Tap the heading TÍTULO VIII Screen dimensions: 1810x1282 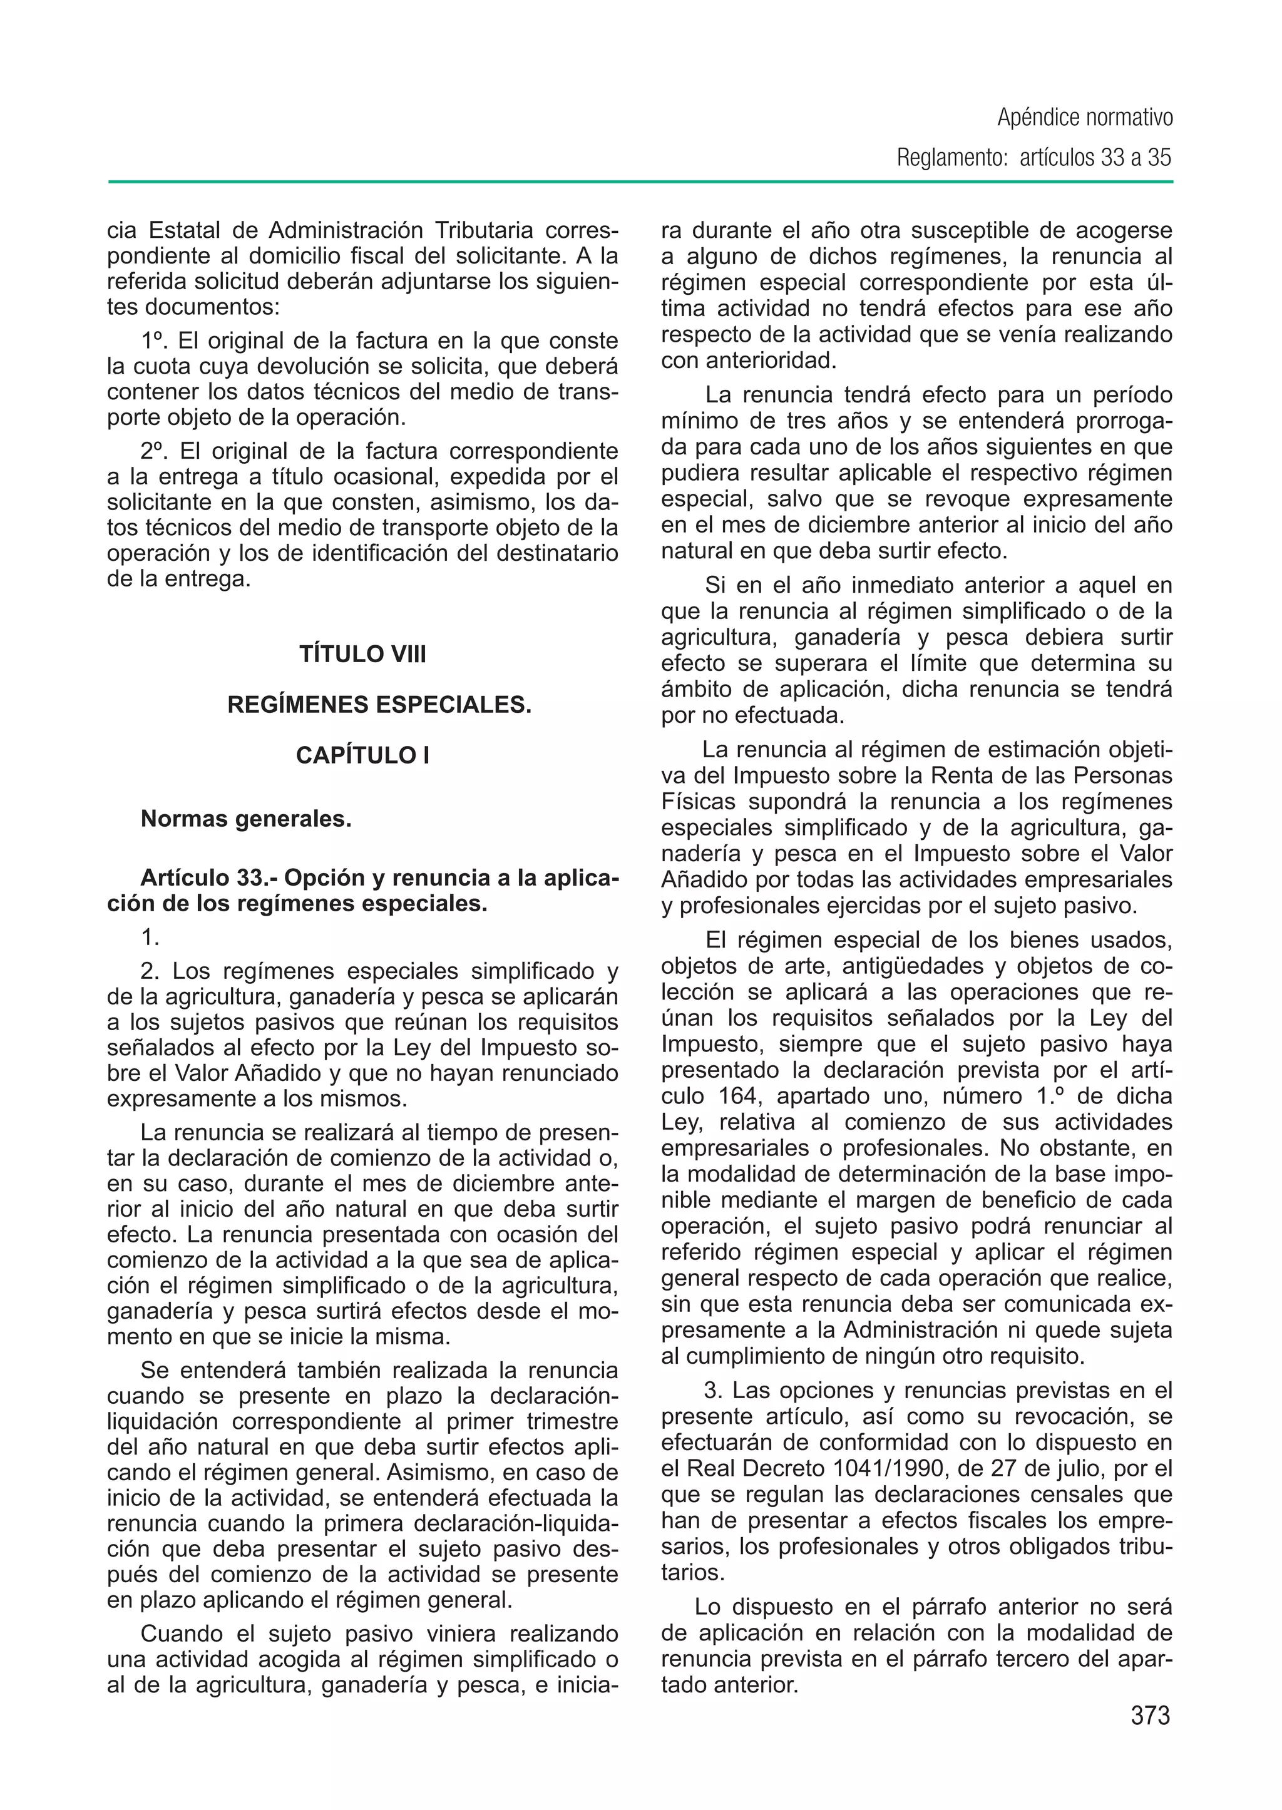[362, 655]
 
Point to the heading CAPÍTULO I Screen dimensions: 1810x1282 [362, 755]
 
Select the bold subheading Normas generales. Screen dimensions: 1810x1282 [245, 819]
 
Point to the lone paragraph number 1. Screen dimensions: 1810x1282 [150, 937]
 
